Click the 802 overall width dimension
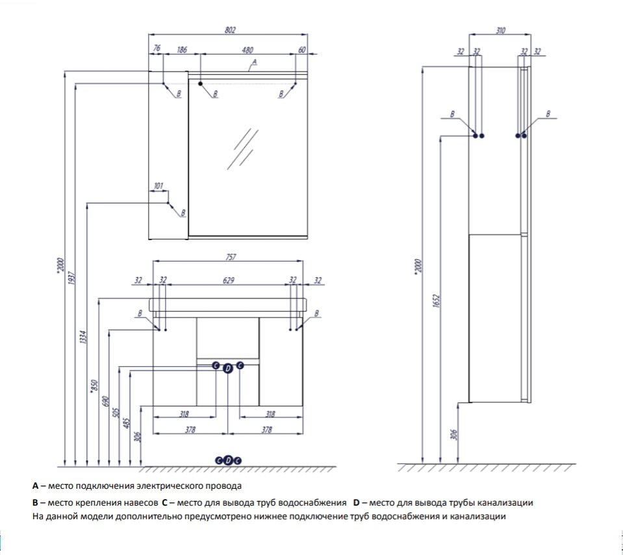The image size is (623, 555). tap(229, 29)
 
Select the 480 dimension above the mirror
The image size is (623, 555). tap(248, 49)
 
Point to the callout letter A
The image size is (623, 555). tap(255, 62)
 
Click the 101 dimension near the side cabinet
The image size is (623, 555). tap(158, 187)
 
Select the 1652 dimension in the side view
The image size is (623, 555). tap(437, 301)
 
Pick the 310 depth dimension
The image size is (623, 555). tap(500, 30)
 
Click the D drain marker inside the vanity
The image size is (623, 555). tap(227, 369)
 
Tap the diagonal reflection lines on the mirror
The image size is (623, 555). tap(242, 148)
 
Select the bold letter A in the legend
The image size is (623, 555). tap(35, 486)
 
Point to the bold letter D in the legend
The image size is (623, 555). tap(356, 502)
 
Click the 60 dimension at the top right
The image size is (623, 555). tap(302, 49)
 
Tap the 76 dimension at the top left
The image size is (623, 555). tap(157, 49)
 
